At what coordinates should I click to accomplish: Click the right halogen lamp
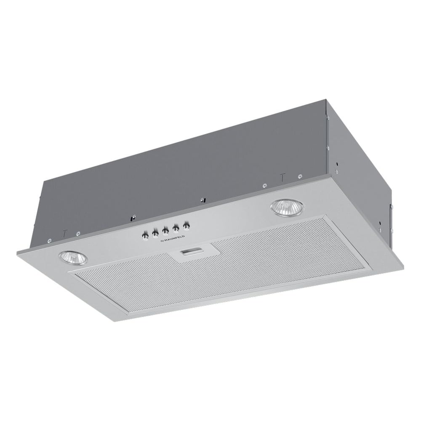click(x=287, y=206)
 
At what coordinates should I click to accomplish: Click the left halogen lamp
click(x=73, y=258)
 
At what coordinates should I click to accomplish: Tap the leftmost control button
click(x=145, y=236)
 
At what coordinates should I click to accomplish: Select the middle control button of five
click(x=165, y=231)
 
